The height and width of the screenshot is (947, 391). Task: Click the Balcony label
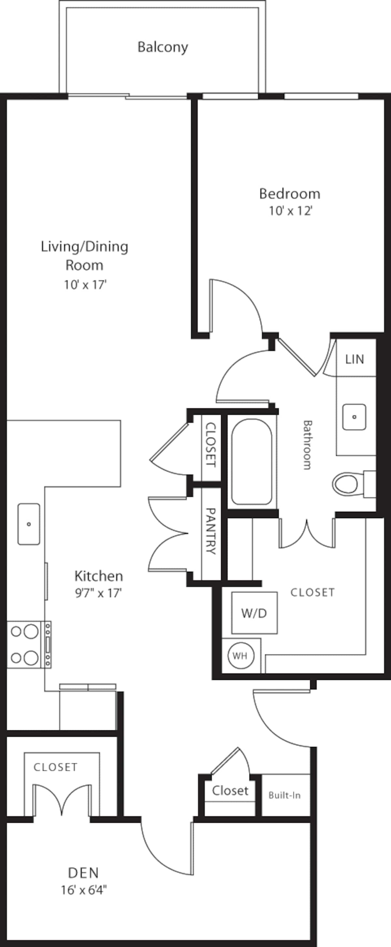click(x=163, y=47)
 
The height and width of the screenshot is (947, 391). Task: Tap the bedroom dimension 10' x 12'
click(x=290, y=211)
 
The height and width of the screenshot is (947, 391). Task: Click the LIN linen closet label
click(x=355, y=359)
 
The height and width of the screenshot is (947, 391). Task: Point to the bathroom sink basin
click(x=354, y=417)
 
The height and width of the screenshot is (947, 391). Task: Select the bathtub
click(x=252, y=462)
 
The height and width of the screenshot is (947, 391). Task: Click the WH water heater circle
click(x=240, y=655)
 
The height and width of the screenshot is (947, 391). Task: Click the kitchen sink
click(x=29, y=524)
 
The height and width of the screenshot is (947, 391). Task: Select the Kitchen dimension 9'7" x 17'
click(x=98, y=593)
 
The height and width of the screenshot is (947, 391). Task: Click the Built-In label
click(x=284, y=796)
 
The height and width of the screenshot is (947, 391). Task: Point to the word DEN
click(x=83, y=872)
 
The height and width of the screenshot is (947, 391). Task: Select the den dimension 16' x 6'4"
click(x=84, y=890)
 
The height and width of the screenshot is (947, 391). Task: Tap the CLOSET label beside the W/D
click(x=312, y=592)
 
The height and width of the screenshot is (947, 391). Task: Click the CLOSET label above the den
click(x=55, y=767)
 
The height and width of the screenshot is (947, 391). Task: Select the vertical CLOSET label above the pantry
click(x=210, y=445)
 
